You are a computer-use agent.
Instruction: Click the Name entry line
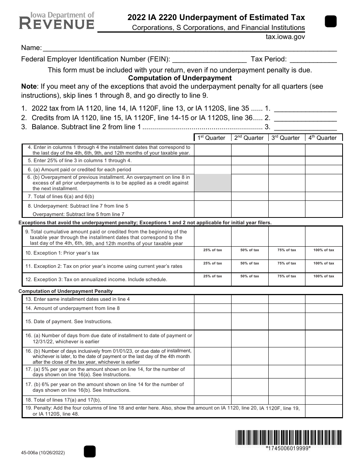coord(189,48)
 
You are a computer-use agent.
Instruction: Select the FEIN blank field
coord(210,59)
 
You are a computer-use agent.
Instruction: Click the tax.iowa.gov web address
coord(286,37)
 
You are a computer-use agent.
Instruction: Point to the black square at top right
coord(331,22)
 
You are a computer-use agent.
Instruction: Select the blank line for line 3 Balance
coord(305,127)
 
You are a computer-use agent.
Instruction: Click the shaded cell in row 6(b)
coord(213,183)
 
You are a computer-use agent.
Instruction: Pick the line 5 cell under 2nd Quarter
coord(250,160)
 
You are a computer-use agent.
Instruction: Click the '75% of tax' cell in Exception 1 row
coord(286,250)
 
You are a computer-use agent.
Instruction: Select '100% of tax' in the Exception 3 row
coord(324,276)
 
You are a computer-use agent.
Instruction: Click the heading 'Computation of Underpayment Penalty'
coord(66,291)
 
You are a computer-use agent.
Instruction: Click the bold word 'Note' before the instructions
coord(29,86)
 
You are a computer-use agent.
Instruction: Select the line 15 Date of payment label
coord(69,322)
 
